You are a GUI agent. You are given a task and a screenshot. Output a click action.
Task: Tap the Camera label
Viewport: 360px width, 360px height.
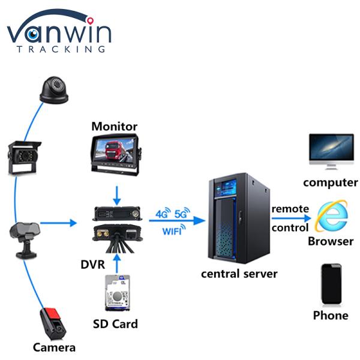[55, 347]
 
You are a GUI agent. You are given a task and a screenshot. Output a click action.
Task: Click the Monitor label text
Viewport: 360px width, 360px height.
[114, 127]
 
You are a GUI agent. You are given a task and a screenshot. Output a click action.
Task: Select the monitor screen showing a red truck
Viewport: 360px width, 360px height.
[114, 152]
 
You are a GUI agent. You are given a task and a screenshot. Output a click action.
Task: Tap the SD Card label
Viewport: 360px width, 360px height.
[115, 324]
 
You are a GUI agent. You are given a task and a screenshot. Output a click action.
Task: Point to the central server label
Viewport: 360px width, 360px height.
[239, 274]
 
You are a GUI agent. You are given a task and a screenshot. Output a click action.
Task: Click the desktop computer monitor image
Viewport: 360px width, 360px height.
[331, 150]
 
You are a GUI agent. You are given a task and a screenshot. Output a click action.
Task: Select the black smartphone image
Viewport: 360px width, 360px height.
[331, 284]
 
